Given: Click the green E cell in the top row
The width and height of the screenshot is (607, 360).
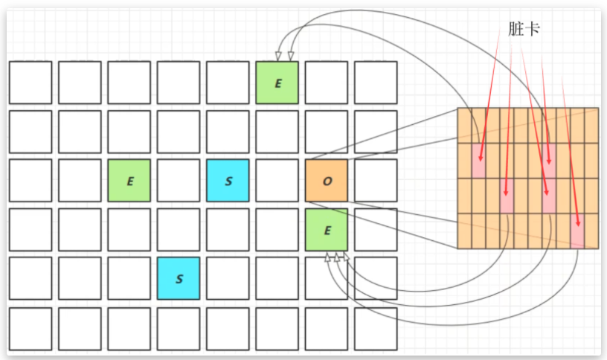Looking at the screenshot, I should (x=277, y=83).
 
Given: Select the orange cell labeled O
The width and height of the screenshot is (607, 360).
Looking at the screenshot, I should (x=327, y=181).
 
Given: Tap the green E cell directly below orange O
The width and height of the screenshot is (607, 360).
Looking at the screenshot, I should (x=327, y=230).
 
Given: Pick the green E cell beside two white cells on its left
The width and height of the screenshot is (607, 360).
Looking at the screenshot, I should (x=129, y=181).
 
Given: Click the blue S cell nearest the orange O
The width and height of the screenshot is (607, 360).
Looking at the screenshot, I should (x=228, y=181).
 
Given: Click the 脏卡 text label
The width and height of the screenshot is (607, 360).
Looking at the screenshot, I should (x=523, y=29).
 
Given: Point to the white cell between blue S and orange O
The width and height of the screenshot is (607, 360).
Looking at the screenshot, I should (x=277, y=181).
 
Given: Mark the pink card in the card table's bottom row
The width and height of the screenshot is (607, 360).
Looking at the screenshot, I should (x=577, y=231).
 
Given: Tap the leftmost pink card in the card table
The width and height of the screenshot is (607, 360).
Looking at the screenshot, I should (x=478, y=161).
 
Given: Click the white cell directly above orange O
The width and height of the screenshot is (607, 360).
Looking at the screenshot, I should (x=327, y=132).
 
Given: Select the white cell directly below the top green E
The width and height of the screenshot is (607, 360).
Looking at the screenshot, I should (x=277, y=132).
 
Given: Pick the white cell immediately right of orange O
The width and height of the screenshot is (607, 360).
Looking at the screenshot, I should (x=376, y=181).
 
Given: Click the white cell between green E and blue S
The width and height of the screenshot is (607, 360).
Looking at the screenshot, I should (x=179, y=181).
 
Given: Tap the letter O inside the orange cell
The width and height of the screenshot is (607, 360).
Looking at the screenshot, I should (x=327, y=181).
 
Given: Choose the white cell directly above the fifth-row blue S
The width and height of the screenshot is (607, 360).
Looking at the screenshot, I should (x=179, y=230).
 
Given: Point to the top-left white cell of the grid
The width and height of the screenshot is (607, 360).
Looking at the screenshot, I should (x=30, y=83).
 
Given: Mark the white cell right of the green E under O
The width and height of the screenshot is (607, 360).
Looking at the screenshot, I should (x=376, y=230).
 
